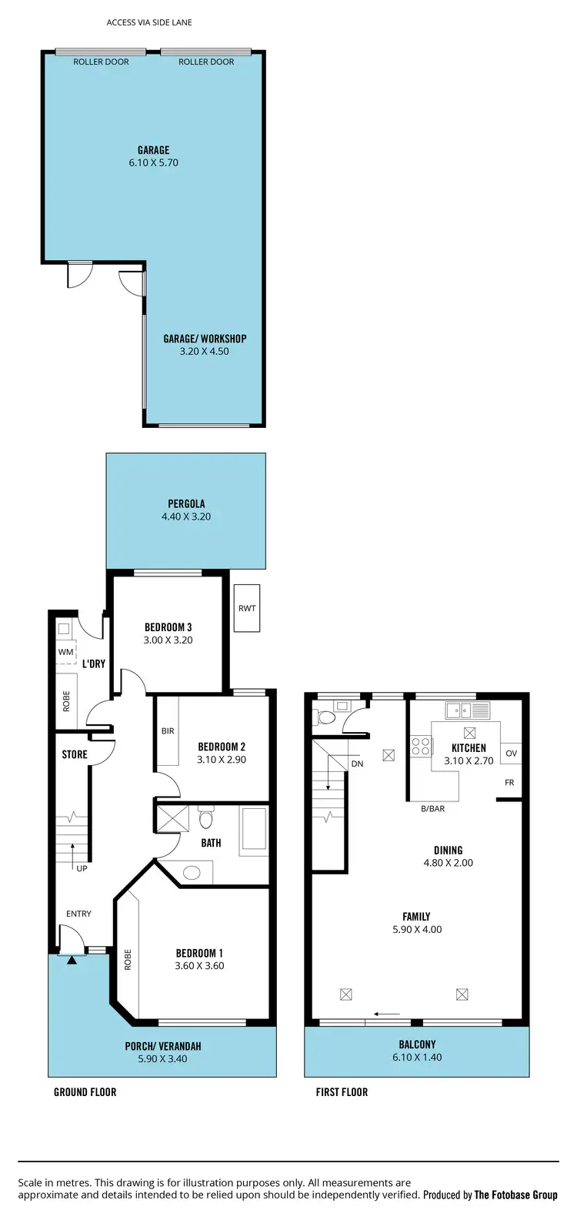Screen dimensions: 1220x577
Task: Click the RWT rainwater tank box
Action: [247, 608]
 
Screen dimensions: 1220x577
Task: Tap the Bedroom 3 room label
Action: [168, 627]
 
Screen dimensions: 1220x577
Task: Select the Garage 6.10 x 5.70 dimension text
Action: [153, 163]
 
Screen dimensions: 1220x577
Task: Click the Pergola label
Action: [186, 504]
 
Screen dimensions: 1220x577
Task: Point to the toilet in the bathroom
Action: [205, 817]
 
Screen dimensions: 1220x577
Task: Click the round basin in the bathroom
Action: [192, 873]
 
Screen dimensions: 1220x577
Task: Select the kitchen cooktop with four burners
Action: [421, 746]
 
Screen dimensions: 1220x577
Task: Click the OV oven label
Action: [511, 754]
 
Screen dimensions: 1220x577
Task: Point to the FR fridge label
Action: [509, 783]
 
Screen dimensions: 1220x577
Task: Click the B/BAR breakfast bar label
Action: [432, 809]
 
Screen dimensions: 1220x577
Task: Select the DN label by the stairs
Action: [357, 764]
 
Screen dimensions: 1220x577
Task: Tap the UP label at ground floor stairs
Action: [82, 868]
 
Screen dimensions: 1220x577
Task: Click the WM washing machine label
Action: [66, 652]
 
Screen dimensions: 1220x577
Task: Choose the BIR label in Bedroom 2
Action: [168, 731]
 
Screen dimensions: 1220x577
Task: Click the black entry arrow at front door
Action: [72, 960]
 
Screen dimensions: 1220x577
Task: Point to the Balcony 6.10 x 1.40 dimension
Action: [417, 1058]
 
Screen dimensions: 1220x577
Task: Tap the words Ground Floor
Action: [85, 1091]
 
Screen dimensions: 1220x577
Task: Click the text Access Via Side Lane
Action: [149, 22]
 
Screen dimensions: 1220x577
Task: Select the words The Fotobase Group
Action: [515, 1195]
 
